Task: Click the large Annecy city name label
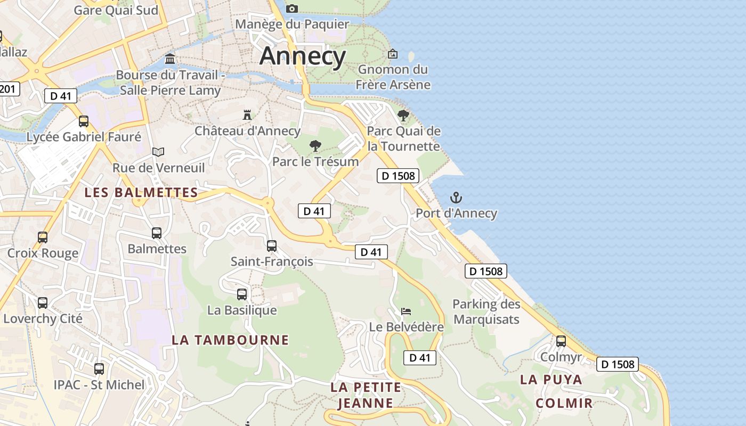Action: pyautogui.click(x=303, y=56)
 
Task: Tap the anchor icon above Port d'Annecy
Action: pyautogui.click(x=456, y=198)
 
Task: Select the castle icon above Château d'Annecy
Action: pyautogui.click(x=247, y=114)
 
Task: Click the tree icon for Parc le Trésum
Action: pyautogui.click(x=315, y=145)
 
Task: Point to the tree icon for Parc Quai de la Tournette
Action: pyautogui.click(x=403, y=115)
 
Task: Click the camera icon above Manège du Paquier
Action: pyautogui.click(x=292, y=9)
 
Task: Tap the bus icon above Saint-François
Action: pyautogui.click(x=272, y=245)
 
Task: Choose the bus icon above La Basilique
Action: pyautogui.click(x=242, y=294)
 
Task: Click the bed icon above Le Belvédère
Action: pyautogui.click(x=406, y=311)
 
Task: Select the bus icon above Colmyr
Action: pyautogui.click(x=561, y=341)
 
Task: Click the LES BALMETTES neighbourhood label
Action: pyautogui.click(x=141, y=192)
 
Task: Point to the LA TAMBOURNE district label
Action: pyautogui.click(x=230, y=340)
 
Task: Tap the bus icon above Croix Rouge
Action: pyautogui.click(x=43, y=237)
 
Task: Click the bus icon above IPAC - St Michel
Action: pyautogui.click(x=99, y=368)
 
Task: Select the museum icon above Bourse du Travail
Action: pyautogui.click(x=170, y=59)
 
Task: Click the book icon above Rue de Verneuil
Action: pyautogui.click(x=158, y=152)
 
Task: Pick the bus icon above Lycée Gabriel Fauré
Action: pyautogui.click(x=84, y=121)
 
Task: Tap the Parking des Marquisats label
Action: pyautogui.click(x=486, y=312)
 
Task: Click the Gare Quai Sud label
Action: pyautogui.click(x=116, y=10)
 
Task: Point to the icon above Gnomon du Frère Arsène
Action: pyautogui.click(x=393, y=53)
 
